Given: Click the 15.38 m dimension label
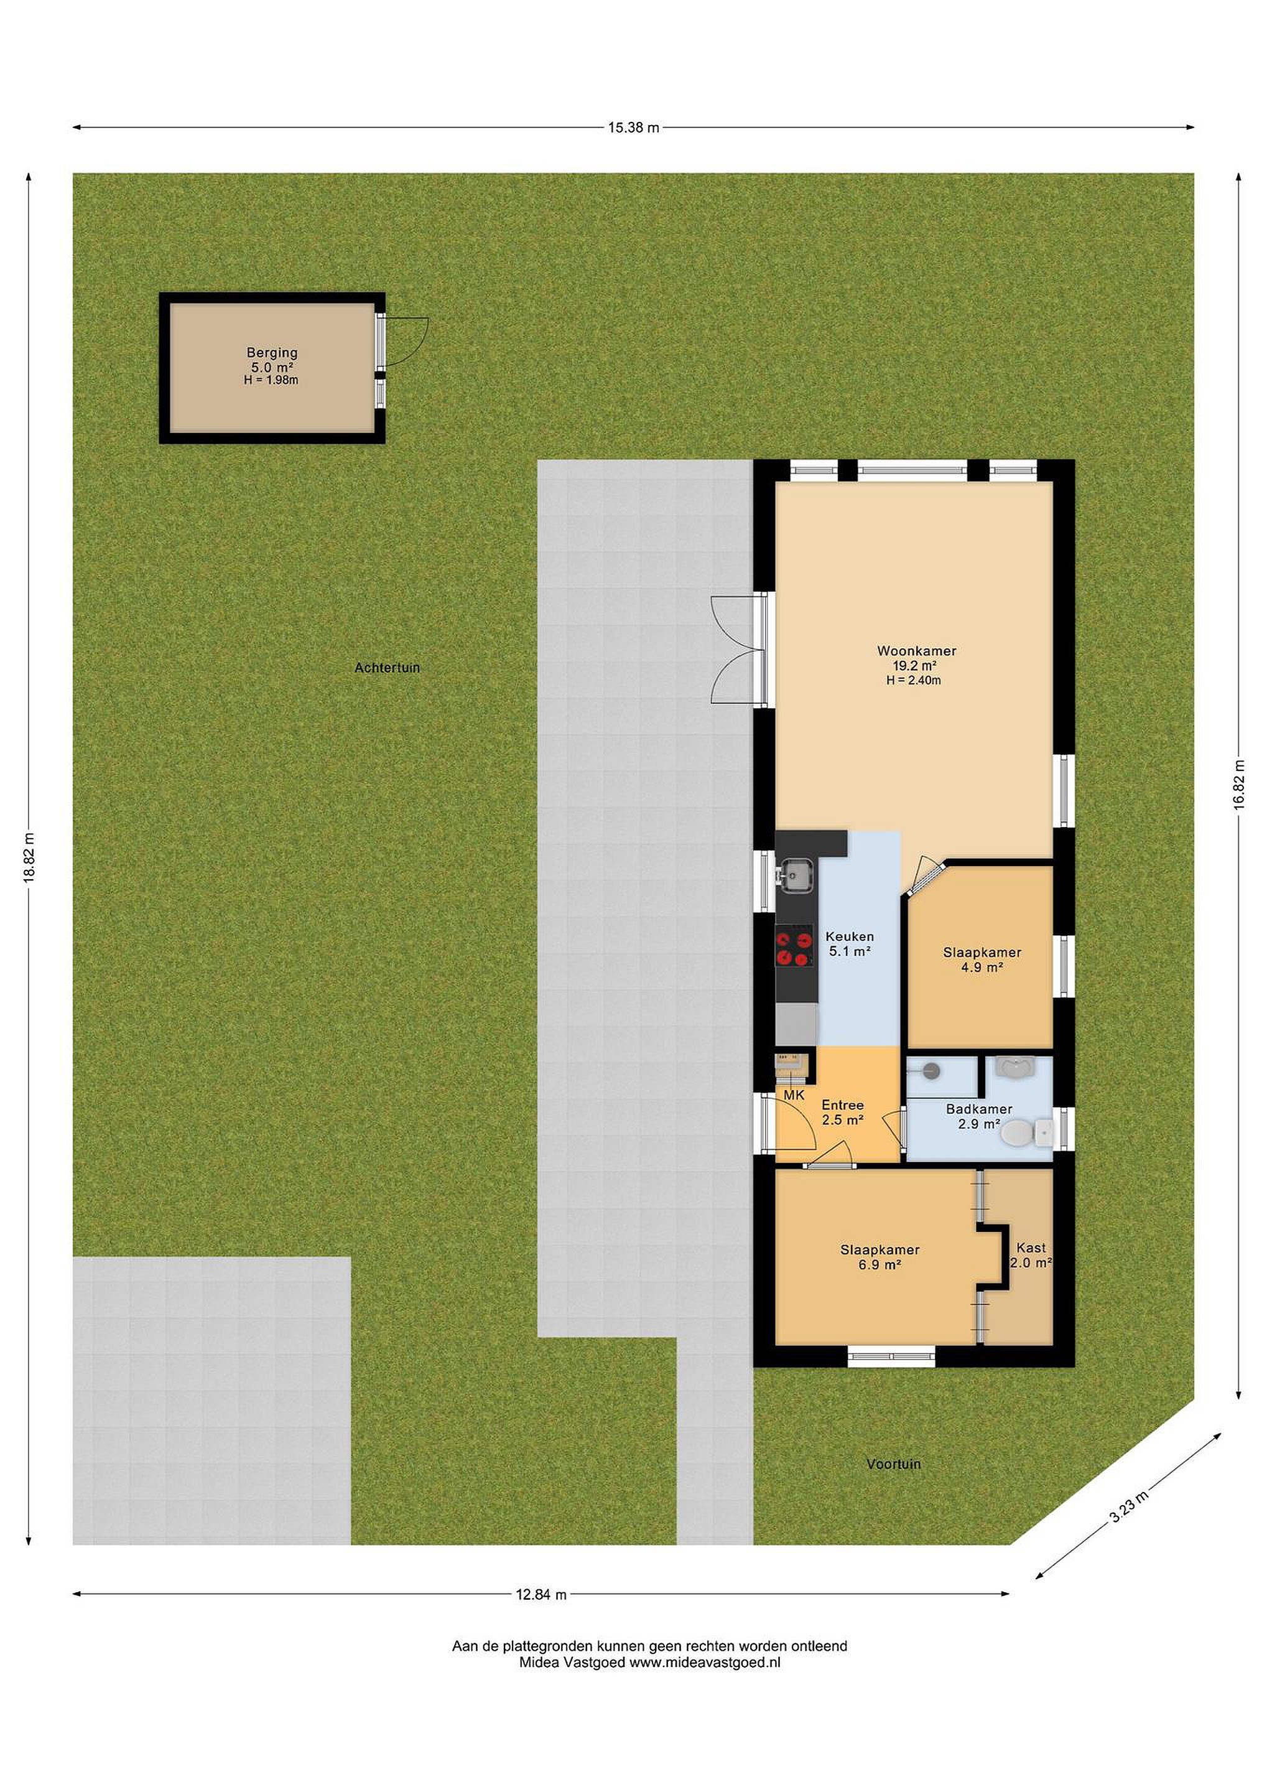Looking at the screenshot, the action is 633,127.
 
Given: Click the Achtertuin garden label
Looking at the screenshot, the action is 387,668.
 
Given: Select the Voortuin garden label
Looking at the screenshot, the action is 893,1464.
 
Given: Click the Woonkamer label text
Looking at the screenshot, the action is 916,651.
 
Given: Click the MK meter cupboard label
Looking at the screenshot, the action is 794,1096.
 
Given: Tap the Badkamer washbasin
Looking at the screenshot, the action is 1015,1067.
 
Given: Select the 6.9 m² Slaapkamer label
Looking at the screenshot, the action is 879,1258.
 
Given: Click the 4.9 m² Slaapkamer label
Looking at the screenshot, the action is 982,959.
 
